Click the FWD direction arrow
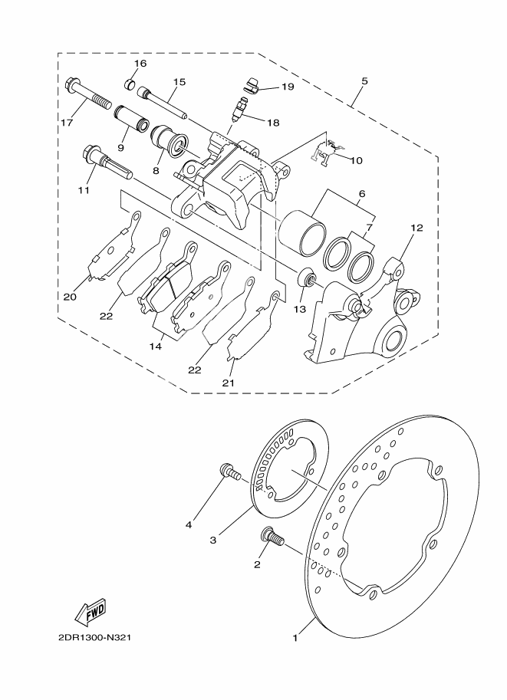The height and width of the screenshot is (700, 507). tap(90, 611)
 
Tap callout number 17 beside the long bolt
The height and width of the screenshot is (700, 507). tap(66, 123)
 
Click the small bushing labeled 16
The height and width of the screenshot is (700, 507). tap(131, 83)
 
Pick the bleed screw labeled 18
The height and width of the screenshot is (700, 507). tap(239, 108)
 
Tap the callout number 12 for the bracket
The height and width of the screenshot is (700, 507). tap(416, 228)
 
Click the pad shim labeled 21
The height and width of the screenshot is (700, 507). tap(252, 326)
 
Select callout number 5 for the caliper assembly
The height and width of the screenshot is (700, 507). tap(364, 81)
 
